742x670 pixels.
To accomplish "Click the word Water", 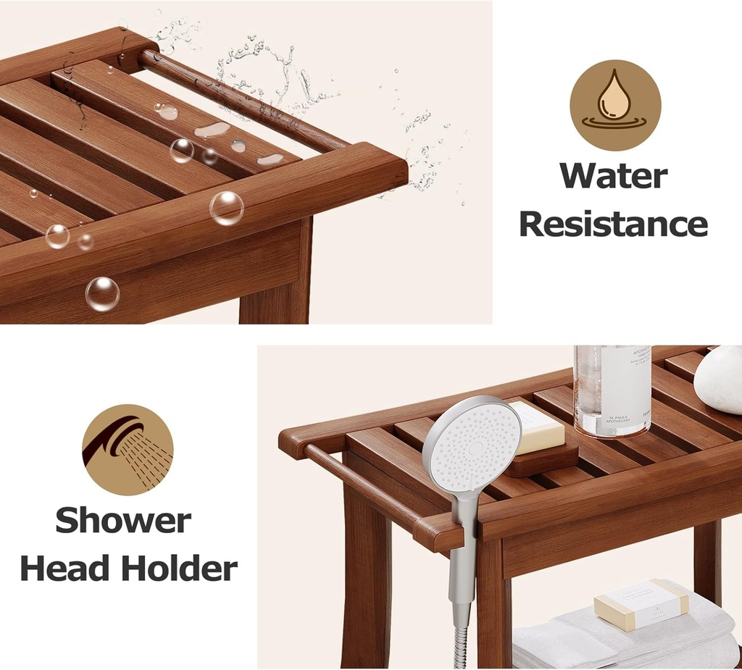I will [x=613, y=176].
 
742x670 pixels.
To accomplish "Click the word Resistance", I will [x=613, y=225].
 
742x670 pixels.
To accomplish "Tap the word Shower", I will [x=123, y=520].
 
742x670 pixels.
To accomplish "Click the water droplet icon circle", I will [x=615, y=105].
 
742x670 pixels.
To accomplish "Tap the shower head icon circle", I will [x=128, y=449].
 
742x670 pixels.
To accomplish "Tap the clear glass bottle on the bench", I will [x=612, y=391].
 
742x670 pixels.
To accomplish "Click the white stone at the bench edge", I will [x=719, y=380].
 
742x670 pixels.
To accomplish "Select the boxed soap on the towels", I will [x=641, y=603].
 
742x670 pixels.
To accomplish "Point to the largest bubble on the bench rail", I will [x=226, y=208].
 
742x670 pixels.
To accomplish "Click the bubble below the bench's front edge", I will [x=102, y=293].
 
